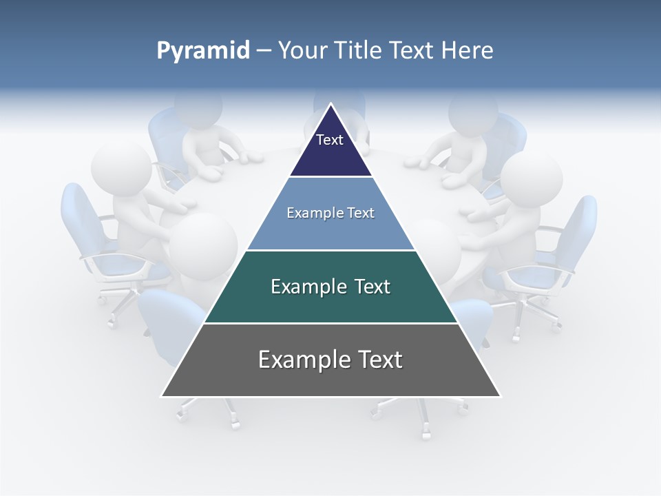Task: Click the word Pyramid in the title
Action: click(203, 51)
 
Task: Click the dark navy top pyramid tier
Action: click(330, 148)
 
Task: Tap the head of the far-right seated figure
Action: click(531, 179)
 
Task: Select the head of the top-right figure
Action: click(473, 110)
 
